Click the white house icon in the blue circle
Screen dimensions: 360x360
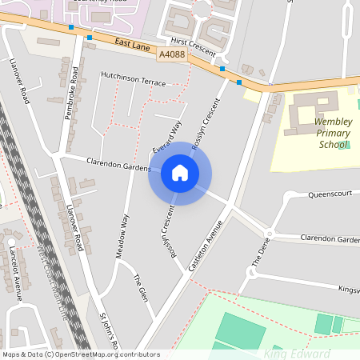(x=180, y=172)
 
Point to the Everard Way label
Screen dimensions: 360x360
(x=167, y=138)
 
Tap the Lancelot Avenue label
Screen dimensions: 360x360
(x=15, y=272)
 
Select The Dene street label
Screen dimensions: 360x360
(x=258, y=253)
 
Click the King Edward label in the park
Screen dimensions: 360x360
(x=297, y=354)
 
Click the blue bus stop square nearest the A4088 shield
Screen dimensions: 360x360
(x=222, y=70)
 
